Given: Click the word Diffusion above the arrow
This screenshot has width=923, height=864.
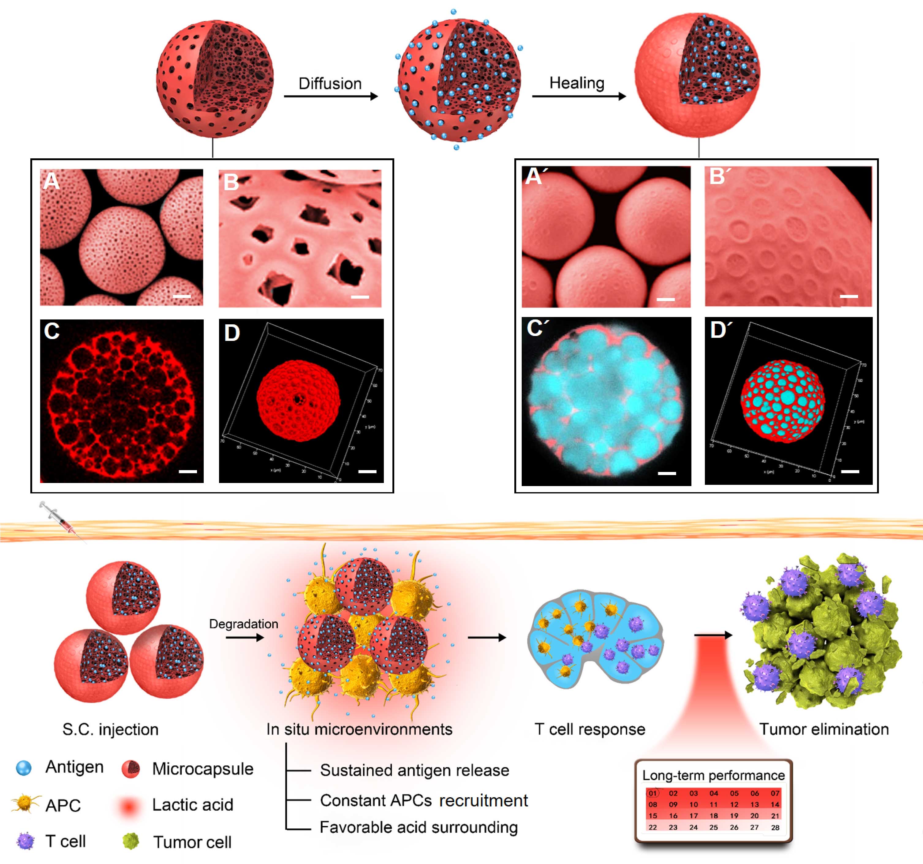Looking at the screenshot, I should pos(330,84).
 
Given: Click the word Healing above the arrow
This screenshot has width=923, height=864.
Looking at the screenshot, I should pos(577,83).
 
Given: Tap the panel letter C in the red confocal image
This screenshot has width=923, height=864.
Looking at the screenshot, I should pos(51,331).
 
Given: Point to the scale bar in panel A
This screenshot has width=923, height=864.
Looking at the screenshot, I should pos(182,296).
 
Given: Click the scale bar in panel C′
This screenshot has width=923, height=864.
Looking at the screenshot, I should pos(667,474).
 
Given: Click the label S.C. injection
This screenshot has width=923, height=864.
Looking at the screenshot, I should pos(111,729).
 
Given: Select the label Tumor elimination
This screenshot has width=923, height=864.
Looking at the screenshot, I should pos(824,729).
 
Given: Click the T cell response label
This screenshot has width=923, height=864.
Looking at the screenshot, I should pos(590,729).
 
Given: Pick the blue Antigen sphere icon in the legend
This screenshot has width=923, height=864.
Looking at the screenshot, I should pos(24,768).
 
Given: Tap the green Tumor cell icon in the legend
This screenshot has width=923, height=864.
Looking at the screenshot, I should pos(131,841).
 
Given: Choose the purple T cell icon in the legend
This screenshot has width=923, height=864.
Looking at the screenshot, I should pos(25,841).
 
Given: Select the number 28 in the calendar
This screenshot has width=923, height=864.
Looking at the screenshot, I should pos(775,827).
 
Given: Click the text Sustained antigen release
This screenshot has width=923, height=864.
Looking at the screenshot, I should pos(414,770).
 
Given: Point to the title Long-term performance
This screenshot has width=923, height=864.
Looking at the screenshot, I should pos(713,775).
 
